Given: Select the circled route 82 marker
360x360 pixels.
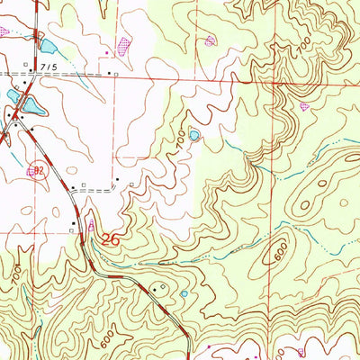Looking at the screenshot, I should [35, 169].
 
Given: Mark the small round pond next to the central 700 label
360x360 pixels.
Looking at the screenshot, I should [195, 137].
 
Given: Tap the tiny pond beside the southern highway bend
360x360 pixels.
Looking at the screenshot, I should [184, 293].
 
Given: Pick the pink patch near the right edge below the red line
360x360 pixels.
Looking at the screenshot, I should [304, 105].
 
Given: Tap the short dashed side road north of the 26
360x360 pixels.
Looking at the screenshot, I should [99, 191].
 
